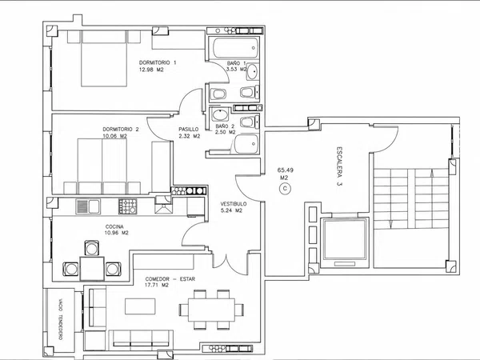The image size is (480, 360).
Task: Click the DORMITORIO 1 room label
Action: pyautogui.click(x=158, y=62)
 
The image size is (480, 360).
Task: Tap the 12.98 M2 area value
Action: pyautogui.click(x=151, y=70)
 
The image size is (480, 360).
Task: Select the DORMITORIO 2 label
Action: pyautogui.click(x=121, y=129)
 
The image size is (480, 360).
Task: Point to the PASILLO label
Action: pyautogui.click(x=189, y=130)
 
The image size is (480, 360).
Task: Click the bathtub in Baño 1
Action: pyautogui.click(x=234, y=48)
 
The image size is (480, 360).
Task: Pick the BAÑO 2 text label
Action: pyautogui.click(x=225, y=126)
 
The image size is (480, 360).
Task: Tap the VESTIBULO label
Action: pyautogui.click(x=234, y=204)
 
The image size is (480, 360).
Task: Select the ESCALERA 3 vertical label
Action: pyautogui.click(x=339, y=167)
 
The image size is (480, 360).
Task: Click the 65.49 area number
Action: pyautogui.click(x=283, y=170)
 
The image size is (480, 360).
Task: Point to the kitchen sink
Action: pyautogui.click(x=88, y=206)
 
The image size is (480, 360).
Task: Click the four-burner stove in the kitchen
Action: pyautogui.click(x=128, y=206)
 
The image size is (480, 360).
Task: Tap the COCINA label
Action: pyautogui.click(x=114, y=227)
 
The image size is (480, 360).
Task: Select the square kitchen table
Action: pyautogui.click(x=92, y=269)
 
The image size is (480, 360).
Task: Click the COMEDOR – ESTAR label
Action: pyautogui.click(x=170, y=279)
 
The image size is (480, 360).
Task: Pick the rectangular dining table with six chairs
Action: pyautogui.click(x=211, y=310)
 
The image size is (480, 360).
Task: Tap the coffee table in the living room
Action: pyautogui.click(x=140, y=306)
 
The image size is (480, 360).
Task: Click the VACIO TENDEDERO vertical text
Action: pyautogui.click(x=60, y=319)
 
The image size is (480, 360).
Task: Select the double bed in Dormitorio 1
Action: pyautogui.click(x=104, y=58)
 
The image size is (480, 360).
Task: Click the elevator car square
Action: pyautogui.click(x=345, y=238)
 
